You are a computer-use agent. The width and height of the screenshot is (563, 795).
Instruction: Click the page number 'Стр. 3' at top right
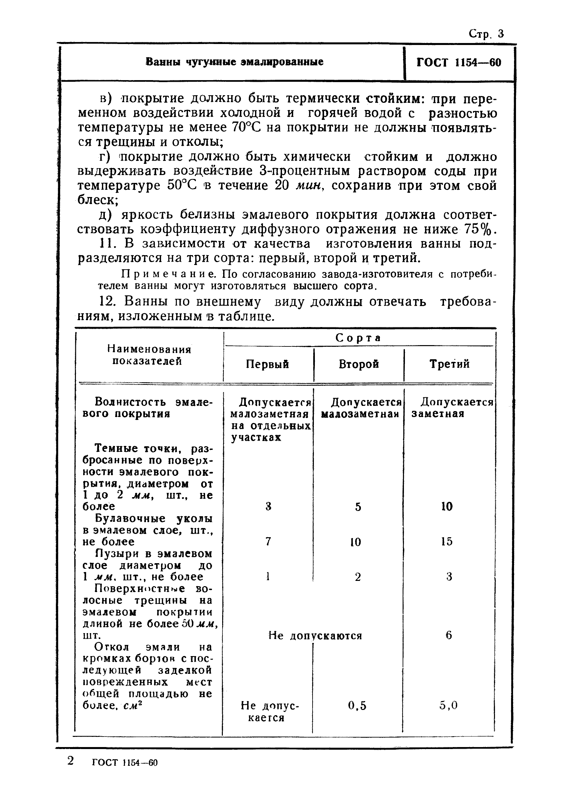click(x=486, y=33)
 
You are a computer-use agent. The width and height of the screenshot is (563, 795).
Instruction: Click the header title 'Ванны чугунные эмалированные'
click(x=234, y=62)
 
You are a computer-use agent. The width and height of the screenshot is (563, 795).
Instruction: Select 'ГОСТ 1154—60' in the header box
click(x=459, y=63)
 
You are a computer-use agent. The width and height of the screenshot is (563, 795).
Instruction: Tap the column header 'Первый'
click(x=267, y=364)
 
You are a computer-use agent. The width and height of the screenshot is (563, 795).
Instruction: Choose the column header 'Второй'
click(x=359, y=364)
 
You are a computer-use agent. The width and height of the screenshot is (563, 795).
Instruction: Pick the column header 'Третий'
click(x=449, y=364)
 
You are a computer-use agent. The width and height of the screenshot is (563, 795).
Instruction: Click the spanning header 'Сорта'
click(x=358, y=338)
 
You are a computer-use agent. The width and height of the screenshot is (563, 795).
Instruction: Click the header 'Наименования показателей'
click(x=149, y=355)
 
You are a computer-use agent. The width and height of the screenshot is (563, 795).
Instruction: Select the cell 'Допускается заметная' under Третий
click(x=452, y=408)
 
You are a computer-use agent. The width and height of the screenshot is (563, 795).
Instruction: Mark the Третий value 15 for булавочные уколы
click(x=447, y=541)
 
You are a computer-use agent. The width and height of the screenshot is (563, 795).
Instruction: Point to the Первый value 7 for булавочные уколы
click(x=268, y=541)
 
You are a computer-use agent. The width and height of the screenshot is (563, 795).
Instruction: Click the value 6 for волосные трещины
click(x=449, y=635)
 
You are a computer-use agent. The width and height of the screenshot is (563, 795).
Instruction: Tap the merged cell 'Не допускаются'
click(x=315, y=635)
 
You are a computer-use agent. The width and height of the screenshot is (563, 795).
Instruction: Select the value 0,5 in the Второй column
click(x=357, y=705)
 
